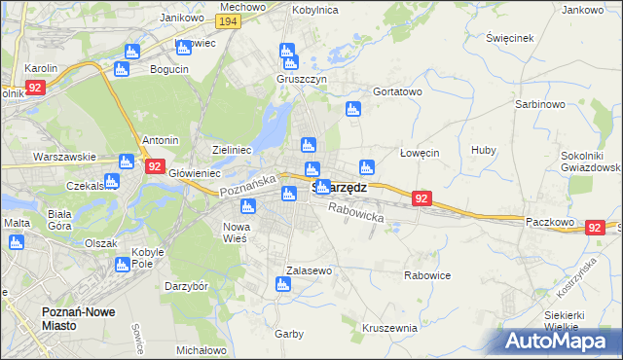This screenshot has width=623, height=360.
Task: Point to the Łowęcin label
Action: click(421, 153)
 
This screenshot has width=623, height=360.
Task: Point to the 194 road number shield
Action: click(229, 21)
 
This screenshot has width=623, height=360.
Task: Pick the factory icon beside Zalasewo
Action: click(283, 285)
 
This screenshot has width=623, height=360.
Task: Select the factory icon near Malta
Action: click(16, 242)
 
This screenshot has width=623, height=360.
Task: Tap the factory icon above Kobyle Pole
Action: click(122, 264)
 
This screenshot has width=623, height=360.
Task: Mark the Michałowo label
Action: click(202, 350)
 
